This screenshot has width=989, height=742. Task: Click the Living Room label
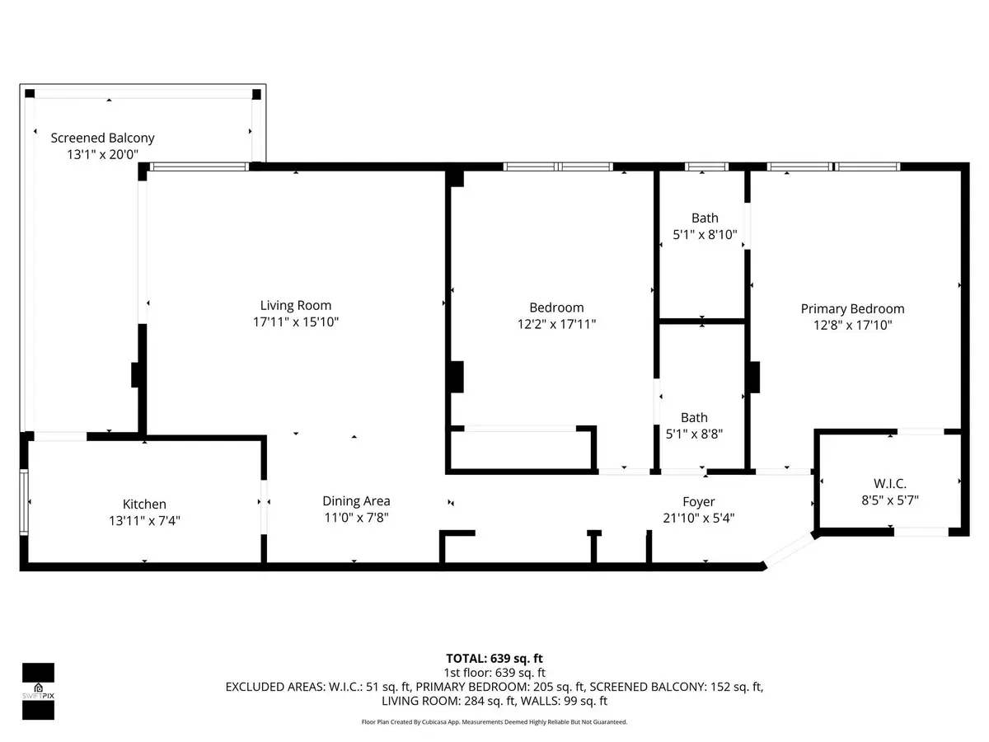pos(296,305)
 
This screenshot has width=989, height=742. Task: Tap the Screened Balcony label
pos(102,138)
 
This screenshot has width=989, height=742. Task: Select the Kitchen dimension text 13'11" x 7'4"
pos(144,521)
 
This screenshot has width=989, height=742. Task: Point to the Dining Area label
pos(356,501)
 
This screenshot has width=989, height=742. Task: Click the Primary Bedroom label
pos(852,309)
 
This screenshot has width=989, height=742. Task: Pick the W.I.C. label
pos(890,484)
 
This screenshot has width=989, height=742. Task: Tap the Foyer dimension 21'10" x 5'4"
pos(698,518)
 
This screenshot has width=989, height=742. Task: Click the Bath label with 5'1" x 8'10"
pos(705,218)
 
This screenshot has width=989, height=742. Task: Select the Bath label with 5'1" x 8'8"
pos(694,418)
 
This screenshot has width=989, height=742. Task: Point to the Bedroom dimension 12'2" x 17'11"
pos(556,324)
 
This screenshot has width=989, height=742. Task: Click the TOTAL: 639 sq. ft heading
pos(494,659)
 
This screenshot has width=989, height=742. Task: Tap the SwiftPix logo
pos(38,692)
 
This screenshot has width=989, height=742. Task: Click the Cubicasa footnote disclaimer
pos(494,722)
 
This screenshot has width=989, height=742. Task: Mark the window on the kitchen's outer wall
pos(24,502)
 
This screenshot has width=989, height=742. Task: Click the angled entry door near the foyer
pos(789,551)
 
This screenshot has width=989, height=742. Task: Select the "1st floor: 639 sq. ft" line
pos(494,673)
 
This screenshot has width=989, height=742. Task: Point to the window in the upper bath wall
pos(706,167)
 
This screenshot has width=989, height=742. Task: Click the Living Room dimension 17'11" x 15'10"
pos(296,322)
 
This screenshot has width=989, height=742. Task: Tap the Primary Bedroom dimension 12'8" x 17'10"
pos(852,326)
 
